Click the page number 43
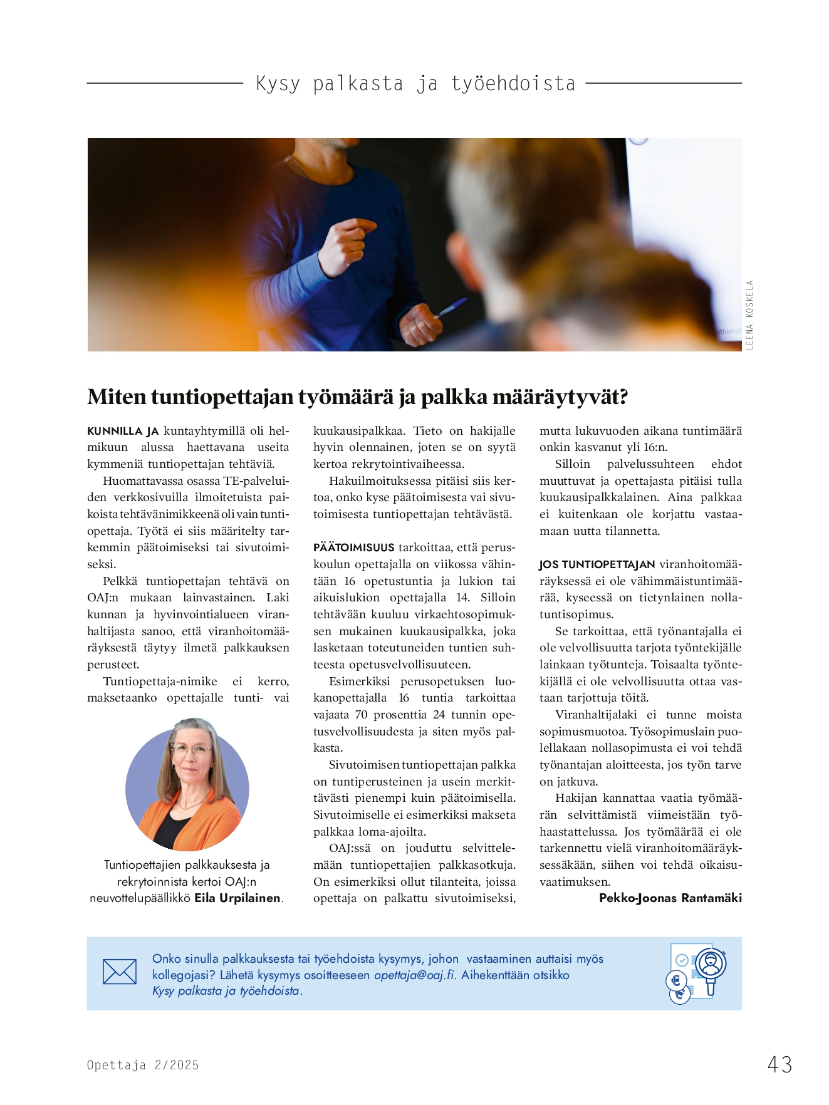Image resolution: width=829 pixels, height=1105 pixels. click(x=779, y=1064)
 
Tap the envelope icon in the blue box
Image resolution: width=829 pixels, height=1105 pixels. click(x=119, y=972)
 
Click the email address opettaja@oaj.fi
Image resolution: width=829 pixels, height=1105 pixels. click(x=414, y=975)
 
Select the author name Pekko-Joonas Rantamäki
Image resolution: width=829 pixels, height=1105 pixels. click(x=670, y=898)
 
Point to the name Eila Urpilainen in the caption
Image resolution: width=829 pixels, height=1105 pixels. click(x=237, y=898)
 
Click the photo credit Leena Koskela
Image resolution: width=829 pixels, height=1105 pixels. click(x=749, y=315)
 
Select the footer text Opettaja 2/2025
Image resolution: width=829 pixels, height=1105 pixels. click(x=143, y=1065)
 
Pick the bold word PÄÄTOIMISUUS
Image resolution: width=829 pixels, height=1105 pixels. click(x=354, y=547)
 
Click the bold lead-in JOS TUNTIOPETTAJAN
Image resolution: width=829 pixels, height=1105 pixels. click(x=597, y=564)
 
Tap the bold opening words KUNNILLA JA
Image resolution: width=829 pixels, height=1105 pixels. click(x=123, y=431)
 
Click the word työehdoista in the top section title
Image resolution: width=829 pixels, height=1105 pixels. click(x=513, y=83)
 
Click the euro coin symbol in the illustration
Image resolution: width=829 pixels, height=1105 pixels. click(x=677, y=981)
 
